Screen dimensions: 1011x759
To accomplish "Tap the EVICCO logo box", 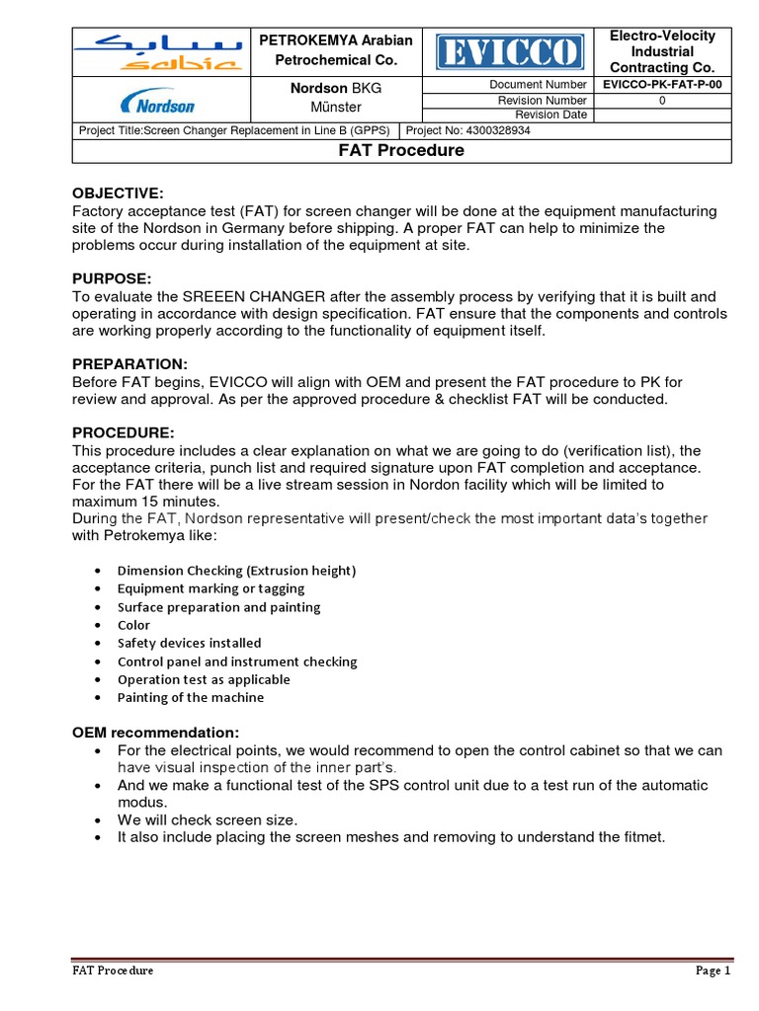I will pos(507,51).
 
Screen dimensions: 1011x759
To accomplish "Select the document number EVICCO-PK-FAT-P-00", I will pos(662,85).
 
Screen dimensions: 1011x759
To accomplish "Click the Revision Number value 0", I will pos(662,100).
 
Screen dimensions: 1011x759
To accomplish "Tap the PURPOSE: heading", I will pos(112,279).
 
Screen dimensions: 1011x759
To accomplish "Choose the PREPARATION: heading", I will pos(129,364).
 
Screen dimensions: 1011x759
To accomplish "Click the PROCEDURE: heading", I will pos(124,432).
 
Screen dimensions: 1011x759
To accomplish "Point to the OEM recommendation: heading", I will pos(155,733).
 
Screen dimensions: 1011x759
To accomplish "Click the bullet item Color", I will pos(133,625).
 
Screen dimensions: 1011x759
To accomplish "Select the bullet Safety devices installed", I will pos(189,643).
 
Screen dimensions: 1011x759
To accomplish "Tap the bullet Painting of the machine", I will pos(191,697).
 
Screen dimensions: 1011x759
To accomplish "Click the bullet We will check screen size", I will pos(208,819).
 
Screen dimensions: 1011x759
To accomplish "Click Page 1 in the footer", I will pos(713,971).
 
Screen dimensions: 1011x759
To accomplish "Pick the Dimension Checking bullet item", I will pos(236,571).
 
